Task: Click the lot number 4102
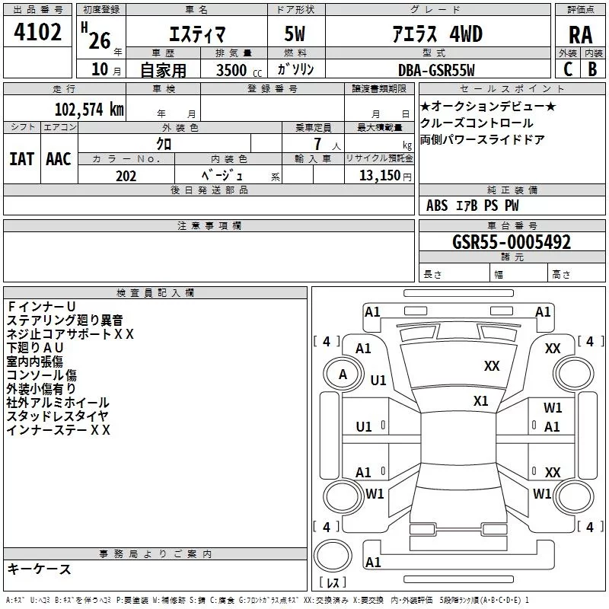pos(39,33)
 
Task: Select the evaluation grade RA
pos(581,35)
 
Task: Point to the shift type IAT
pos(22,158)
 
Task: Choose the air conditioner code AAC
pos(58,158)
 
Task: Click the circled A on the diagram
pos(343,374)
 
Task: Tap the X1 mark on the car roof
pos(480,400)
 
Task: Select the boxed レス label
pos(333,583)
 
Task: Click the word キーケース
pos(40,569)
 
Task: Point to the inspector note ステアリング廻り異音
pos(65,320)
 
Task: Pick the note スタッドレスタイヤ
pos(57,416)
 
